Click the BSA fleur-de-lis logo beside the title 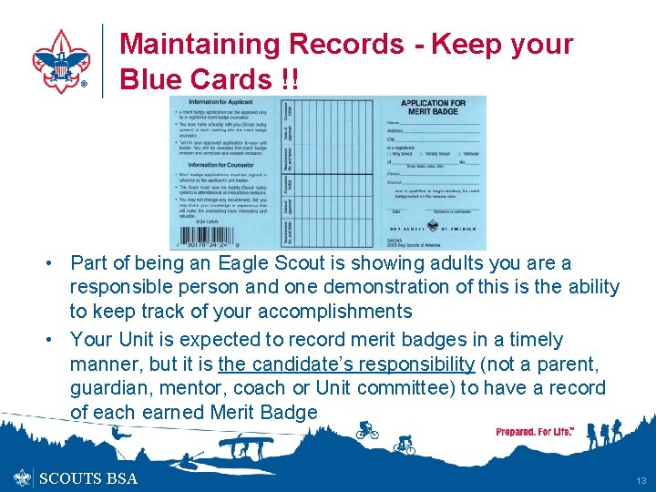coord(61,60)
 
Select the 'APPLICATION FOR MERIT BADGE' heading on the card coord(435,108)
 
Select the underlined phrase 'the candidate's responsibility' coord(346,364)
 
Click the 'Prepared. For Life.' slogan coord(535,432)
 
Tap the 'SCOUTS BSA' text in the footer coord(87,478)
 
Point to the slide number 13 coord(641,480)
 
